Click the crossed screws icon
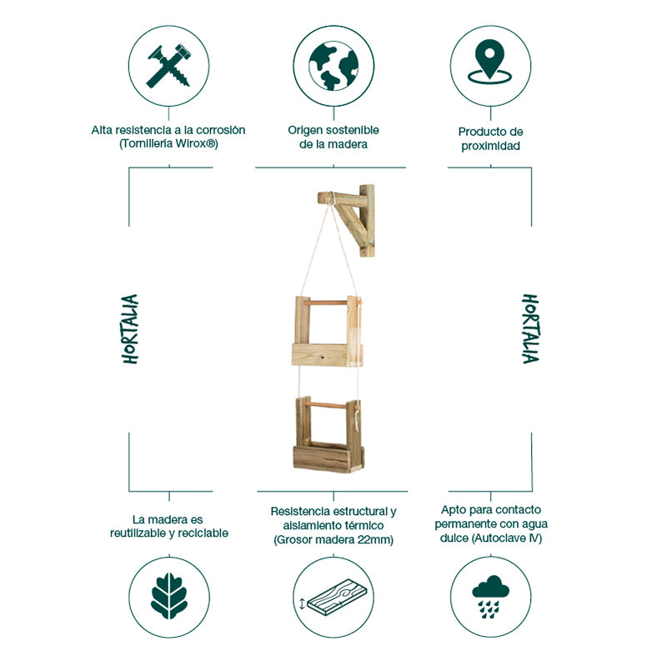[168, 66]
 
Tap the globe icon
[333, 66]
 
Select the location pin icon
[490, 61]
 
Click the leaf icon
[169, 595]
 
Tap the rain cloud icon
[490, 597]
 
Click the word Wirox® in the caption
[195, 143]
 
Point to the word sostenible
[353, 130]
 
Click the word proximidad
[490, 146]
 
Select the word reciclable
[203, 533]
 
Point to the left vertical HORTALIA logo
[131, 328]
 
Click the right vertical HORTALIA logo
[530, 328]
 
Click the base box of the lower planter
[328, 458]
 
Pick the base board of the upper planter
[327, 355]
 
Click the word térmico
[364, 525]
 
